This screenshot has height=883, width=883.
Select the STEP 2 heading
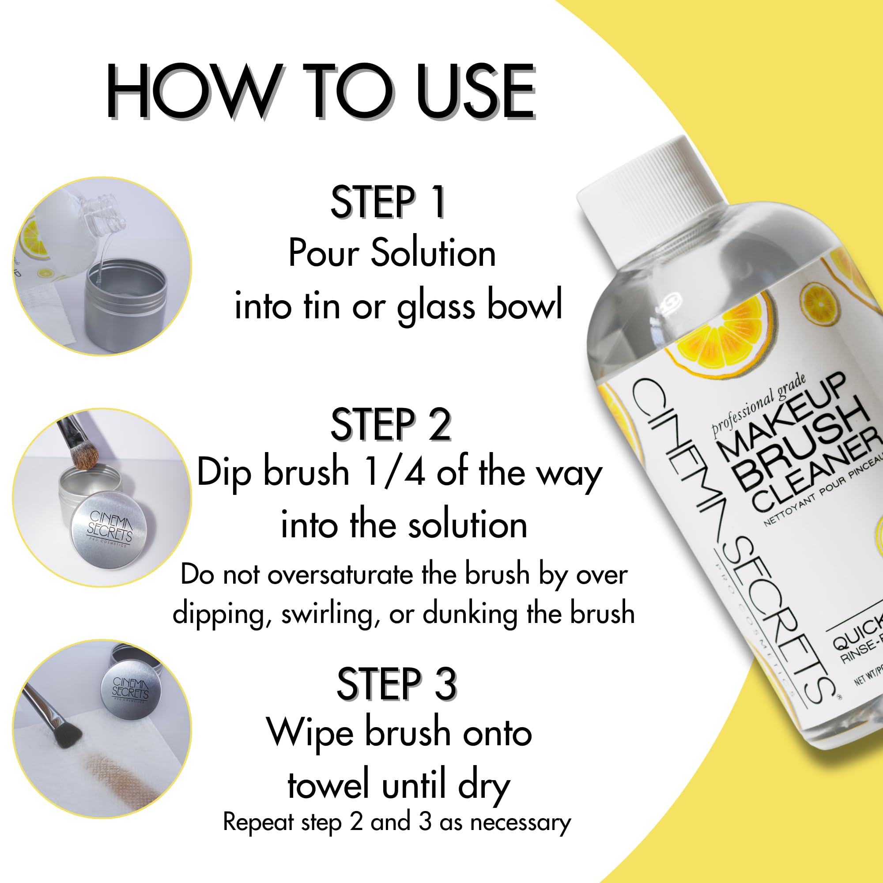point(391,425)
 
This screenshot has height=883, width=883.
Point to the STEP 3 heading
point(397,684)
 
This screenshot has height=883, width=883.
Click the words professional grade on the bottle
point(758,404)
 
